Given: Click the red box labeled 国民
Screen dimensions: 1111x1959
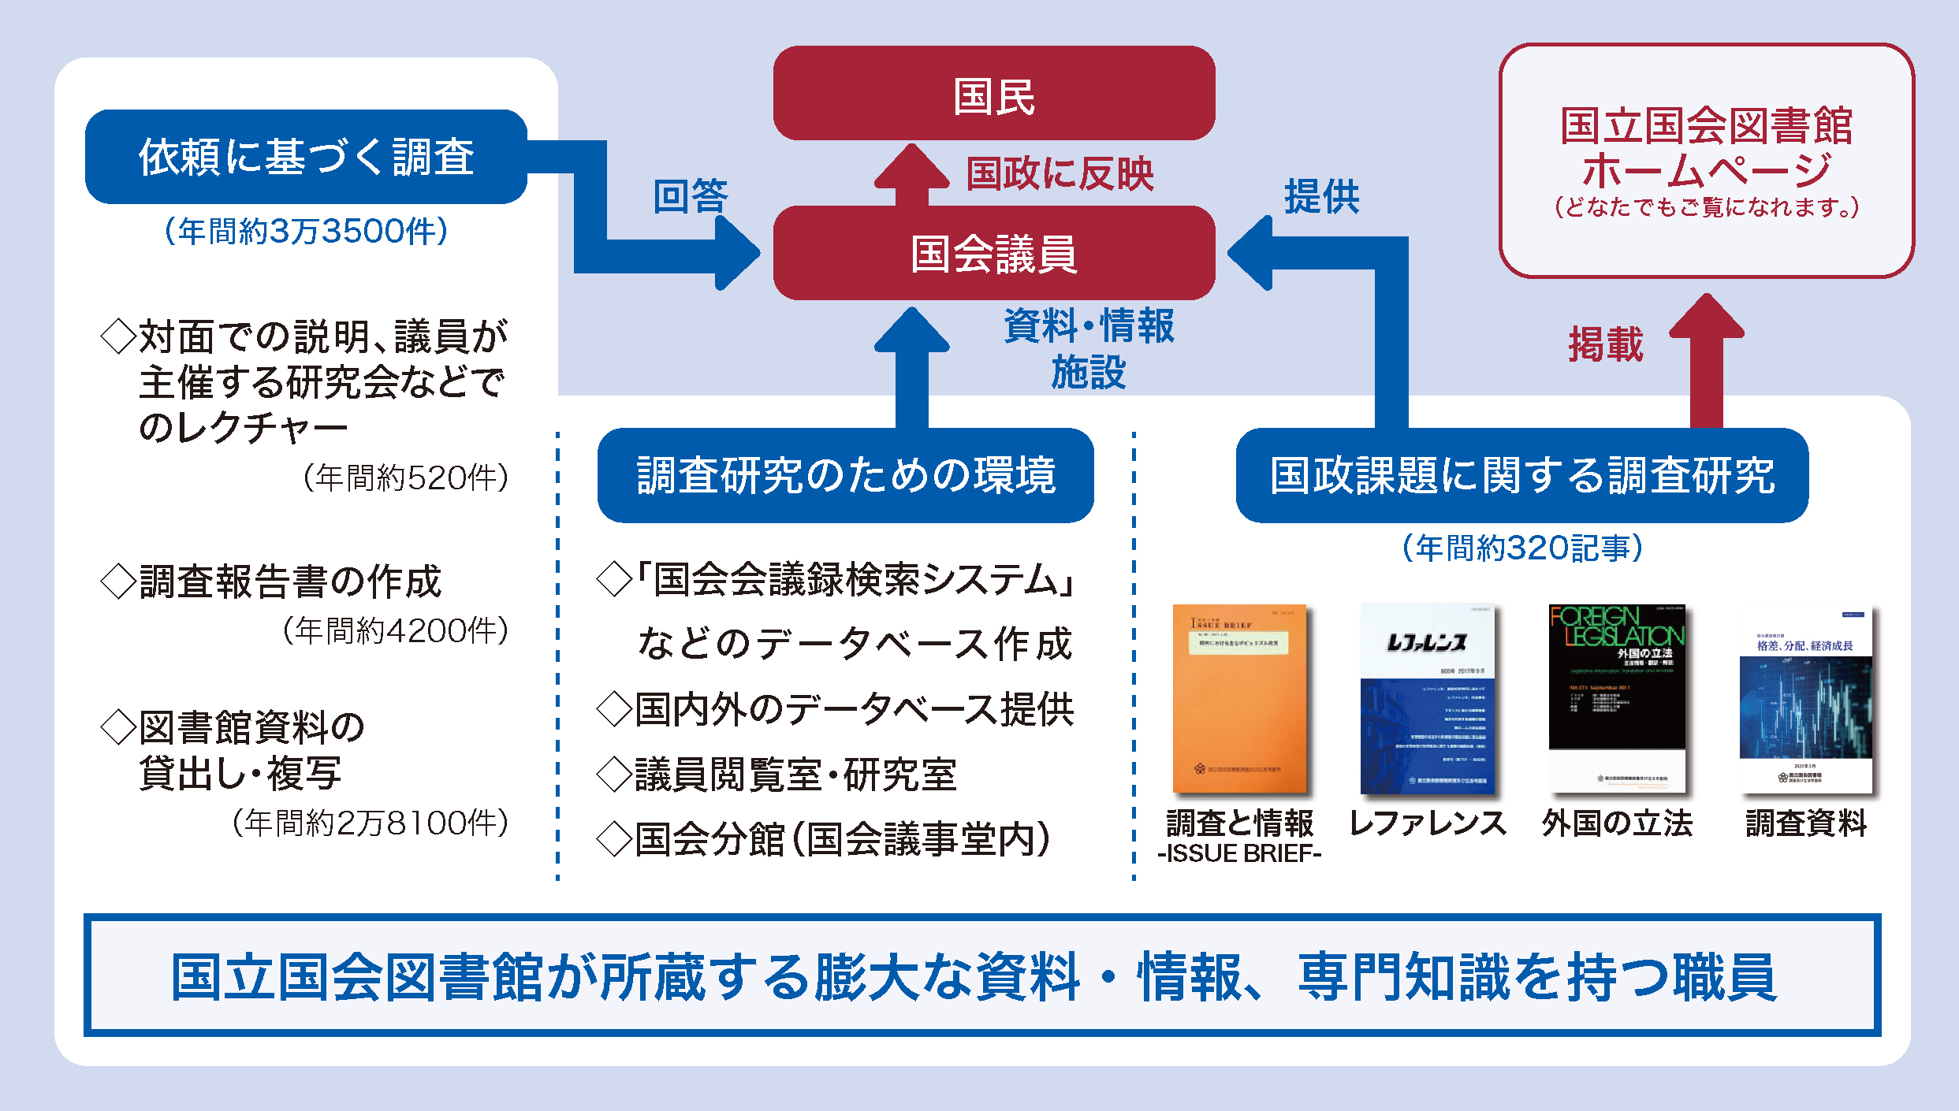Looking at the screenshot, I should (x=993, y=94).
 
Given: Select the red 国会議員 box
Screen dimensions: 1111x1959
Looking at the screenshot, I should (x=993, y=253).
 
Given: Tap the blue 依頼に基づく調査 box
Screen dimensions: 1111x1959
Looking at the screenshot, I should (x=306, y=157).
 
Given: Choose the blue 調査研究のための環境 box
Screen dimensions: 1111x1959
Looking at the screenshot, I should (x=845, y=475).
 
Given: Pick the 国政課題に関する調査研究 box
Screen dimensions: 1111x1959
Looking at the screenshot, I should (x=1521, y=475).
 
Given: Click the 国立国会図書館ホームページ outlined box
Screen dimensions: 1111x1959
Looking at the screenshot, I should (x=1706, y=161).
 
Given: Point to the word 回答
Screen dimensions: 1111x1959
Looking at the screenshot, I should (x=691, y=196).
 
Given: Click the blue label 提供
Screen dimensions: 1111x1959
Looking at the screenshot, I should (x=1322, y=196).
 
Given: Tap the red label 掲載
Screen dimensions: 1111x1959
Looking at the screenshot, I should (x=1606, y=344).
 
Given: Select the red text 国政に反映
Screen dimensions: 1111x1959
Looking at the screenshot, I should (x=1060, y=174).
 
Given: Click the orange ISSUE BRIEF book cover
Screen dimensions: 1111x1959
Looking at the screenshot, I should (x=1239, y=698).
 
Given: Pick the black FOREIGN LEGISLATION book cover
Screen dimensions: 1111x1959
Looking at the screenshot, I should (x=1617, y=698).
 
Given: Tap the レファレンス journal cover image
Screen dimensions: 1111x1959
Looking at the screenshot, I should (x=1427, y=698).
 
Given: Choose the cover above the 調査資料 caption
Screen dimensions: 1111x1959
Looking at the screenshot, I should (x=1805, y=698).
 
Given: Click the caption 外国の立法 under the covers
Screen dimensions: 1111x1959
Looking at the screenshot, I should (x=1617, y=823).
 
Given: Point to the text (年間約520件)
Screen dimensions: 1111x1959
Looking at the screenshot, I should (x=405, y=477).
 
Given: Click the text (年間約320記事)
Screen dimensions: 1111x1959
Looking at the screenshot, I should (x=1521, y=548).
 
